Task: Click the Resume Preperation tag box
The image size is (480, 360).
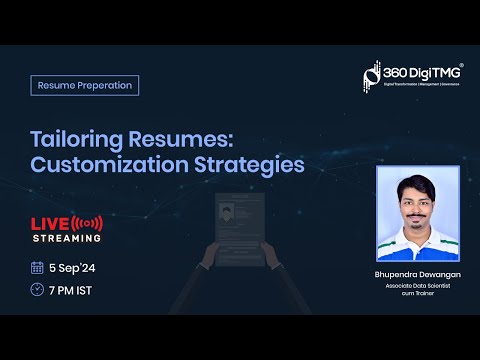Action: coord(85,85)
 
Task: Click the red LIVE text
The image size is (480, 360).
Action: coord(49,222)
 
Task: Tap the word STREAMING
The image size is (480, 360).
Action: coord(67,238)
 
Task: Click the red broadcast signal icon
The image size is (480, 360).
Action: coord(88,222)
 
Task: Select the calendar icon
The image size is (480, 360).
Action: coord(37,267)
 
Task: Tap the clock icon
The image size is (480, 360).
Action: coord(37,291)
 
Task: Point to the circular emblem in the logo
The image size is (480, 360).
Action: coord(371,75)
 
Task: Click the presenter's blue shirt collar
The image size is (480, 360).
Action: coord(416,231)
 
